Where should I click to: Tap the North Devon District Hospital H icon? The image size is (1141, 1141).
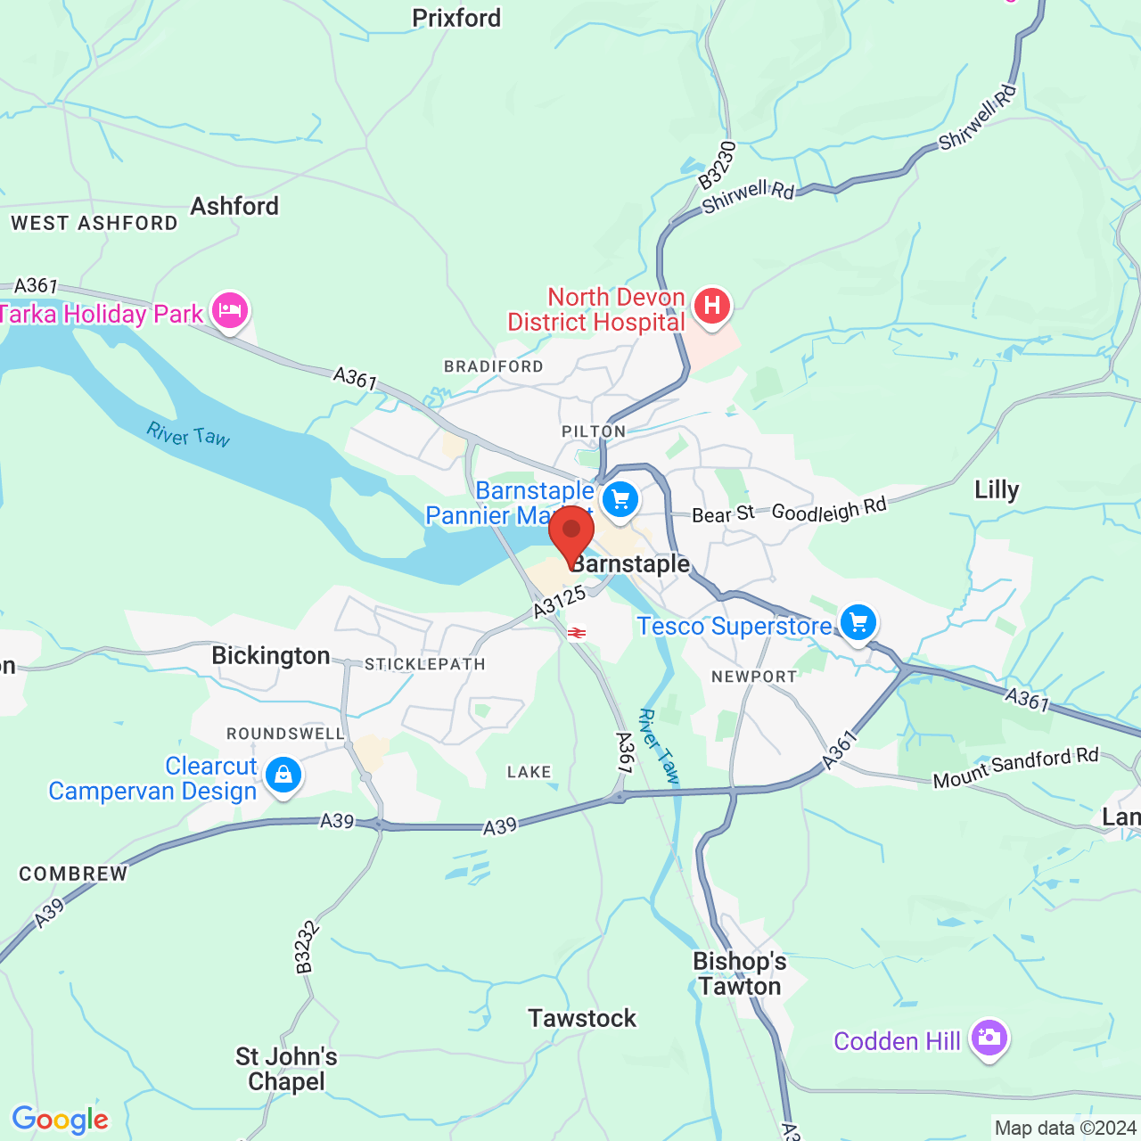point(711,306)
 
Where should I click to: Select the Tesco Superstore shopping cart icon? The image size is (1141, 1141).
point(858,623)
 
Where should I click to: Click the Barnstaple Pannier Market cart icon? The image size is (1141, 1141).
point(620,499)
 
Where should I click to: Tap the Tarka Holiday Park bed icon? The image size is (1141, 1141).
point(230,311)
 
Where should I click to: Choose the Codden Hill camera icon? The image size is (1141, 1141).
point(989,1038)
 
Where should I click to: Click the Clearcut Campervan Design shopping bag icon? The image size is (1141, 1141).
point(283,775)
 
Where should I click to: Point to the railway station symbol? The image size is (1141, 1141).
point(577,633)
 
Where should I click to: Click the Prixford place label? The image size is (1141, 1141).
point(456,18)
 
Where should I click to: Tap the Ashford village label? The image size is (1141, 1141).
point(234,206)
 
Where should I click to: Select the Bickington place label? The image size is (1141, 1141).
point(271,656)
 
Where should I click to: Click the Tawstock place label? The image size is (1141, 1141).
point(582,1018)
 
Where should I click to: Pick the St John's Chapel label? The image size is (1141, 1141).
point(286,1069)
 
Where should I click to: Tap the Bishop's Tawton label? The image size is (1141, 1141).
point(740,973)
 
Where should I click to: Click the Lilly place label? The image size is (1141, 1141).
point(996,489)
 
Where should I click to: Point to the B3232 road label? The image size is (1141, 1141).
point(306,947)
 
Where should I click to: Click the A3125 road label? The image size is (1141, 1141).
point(560,602)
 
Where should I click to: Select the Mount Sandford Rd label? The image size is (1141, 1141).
point(1015,768)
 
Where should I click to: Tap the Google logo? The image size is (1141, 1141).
point(61,1120)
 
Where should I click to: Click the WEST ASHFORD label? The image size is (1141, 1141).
point(94,223)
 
